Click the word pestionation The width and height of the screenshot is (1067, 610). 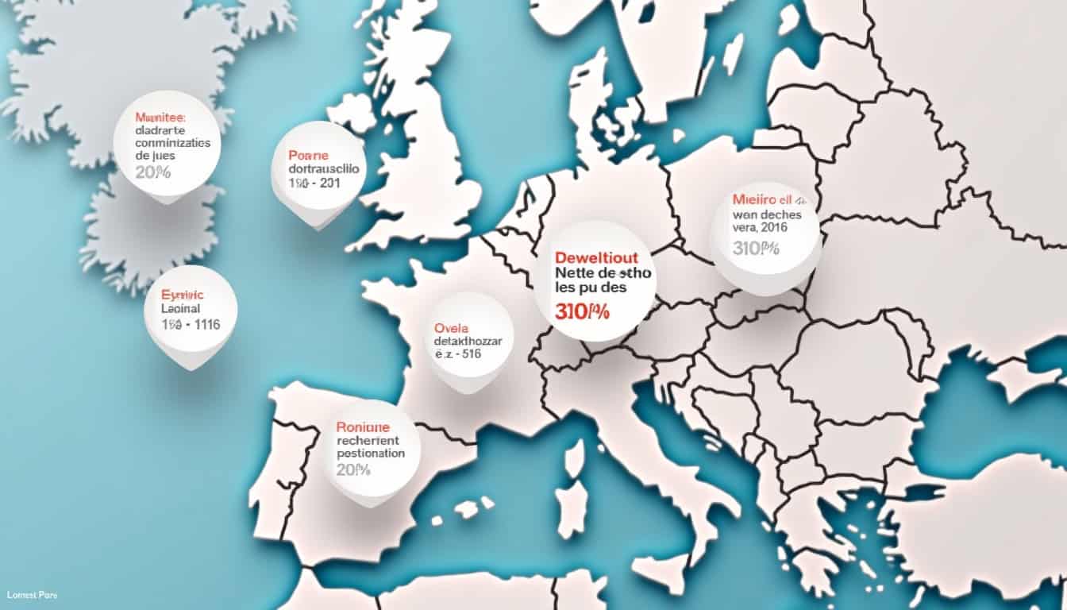[371, 453]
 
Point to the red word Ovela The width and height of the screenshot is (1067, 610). [452, 327]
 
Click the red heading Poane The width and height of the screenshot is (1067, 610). [308, 156]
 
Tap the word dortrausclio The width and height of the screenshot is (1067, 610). [324, 169]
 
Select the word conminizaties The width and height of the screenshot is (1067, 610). [173, 143]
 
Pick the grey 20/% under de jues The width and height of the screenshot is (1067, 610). [153, 171]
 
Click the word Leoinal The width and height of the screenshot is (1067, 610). [181, 308]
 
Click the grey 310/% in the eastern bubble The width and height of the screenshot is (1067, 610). [756, 249]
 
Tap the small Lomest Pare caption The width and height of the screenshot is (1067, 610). [32, 595]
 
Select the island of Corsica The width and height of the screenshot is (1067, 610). [574, 457]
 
